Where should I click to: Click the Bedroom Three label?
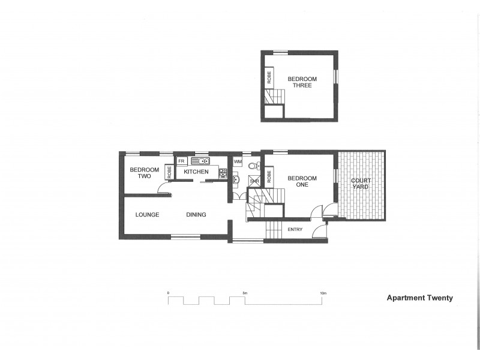pyautogui.click(x=299, y=82)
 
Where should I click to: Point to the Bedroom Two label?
pyautogui.click(x=144, y=173)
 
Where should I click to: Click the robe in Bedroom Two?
pyautogui.click(x=170, y=173)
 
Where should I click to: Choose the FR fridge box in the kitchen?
pyautogui.click(x=181, y=161)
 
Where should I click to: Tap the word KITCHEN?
pyautogui.click(x=196, y=173)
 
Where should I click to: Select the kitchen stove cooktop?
pyautogui.click(x=223, y=173)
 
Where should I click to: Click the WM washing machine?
pyautogui.click(x=238, y=162)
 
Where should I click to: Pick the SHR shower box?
pyautogui.click(x=254, y=181)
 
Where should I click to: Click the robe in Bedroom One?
pyautogui.click(x=269, y=176)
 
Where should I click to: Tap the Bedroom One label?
pyautogui.click(x=302, y=181)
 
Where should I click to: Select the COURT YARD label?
pyautogui.click(x=361, y=184)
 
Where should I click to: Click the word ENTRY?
pyautogui.click(x=295, y=230)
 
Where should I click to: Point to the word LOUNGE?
pyautogui.click(x=147, y=215)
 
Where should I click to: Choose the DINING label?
pyautogui.click(x=196, y=215)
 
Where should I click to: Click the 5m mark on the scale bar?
pyautogui.click(x=245, y=293)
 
